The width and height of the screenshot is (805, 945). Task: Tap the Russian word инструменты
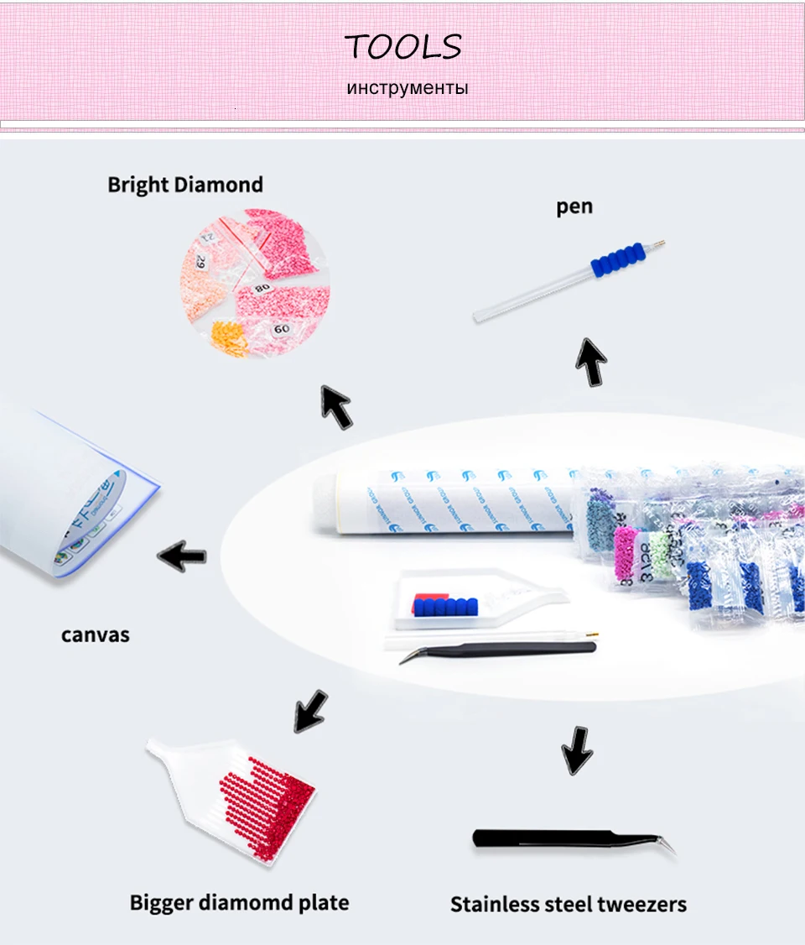click(x=408, y=87)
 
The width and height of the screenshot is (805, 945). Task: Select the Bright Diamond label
click(x=185, y=185)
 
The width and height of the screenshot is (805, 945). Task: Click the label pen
click(x=574, y=206)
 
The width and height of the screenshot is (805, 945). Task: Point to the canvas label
click(x=96, y=634)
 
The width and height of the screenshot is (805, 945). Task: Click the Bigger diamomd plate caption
click(x=239, y=902)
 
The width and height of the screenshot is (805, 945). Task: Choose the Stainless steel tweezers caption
click(x=569, y=904)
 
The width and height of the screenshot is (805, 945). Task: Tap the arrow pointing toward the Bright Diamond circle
click(x=335, y=406)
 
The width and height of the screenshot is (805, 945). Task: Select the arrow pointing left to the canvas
click(x=183, y=555)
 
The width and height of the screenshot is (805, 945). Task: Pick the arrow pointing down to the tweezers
click(x=577, y=749)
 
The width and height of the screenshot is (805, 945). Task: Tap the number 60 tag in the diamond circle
click(x=281, y=329)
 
